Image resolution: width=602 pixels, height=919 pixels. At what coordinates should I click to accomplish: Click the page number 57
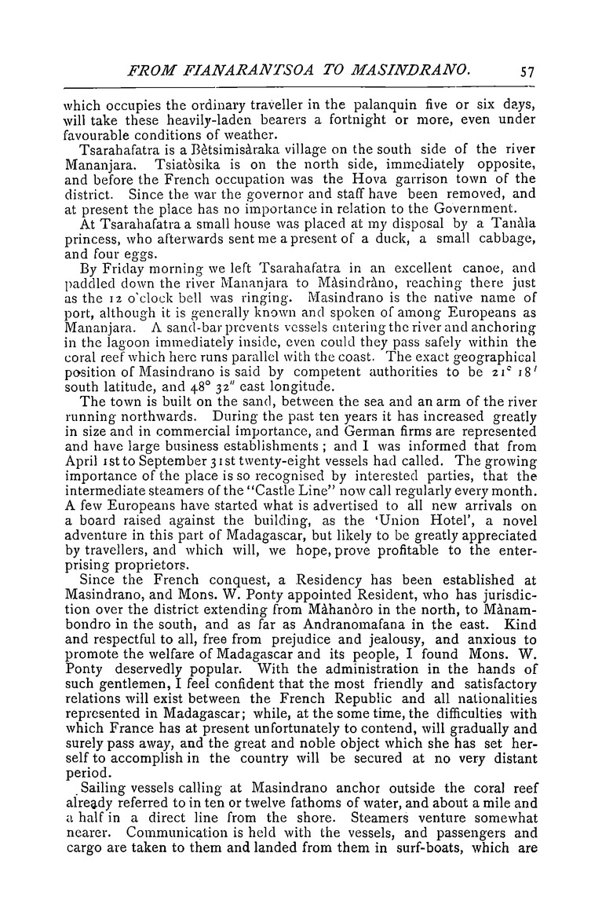[x=527, y=70]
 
